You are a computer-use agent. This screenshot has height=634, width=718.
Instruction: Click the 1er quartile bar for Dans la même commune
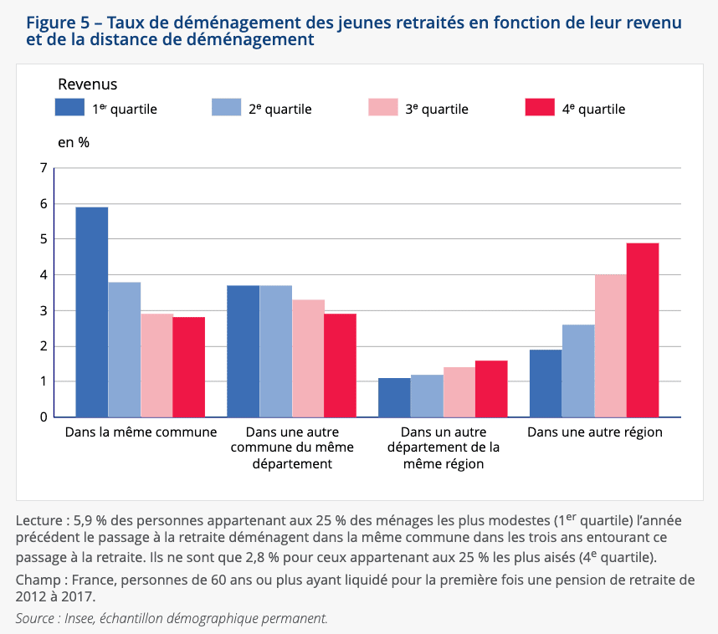92,312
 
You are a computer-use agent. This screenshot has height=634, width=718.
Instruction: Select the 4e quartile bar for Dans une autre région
643,330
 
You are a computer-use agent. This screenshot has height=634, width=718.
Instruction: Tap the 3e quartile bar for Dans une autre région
610,345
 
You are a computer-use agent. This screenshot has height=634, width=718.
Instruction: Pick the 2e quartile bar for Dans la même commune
125,350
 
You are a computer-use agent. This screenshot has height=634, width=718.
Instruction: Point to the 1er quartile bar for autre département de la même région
394,397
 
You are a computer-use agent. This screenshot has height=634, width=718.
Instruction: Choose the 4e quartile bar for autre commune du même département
341,366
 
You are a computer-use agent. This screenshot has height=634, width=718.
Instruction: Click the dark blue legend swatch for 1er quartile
70,107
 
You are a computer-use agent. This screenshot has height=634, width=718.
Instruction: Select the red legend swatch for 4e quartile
540,107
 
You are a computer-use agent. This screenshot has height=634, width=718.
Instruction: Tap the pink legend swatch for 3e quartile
383,107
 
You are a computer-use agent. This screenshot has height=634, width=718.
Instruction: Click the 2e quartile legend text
280,109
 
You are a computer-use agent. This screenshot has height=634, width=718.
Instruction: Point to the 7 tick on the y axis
44,168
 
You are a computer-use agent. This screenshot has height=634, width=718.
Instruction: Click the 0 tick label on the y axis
44,417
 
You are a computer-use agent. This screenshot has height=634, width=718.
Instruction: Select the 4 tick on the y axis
44,275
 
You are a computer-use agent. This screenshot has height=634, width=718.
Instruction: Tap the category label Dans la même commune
141,432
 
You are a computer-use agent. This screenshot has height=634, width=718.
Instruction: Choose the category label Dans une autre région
594,432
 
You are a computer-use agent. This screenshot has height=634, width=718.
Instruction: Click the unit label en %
74,142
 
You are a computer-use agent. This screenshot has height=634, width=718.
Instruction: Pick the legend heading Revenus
87,84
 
